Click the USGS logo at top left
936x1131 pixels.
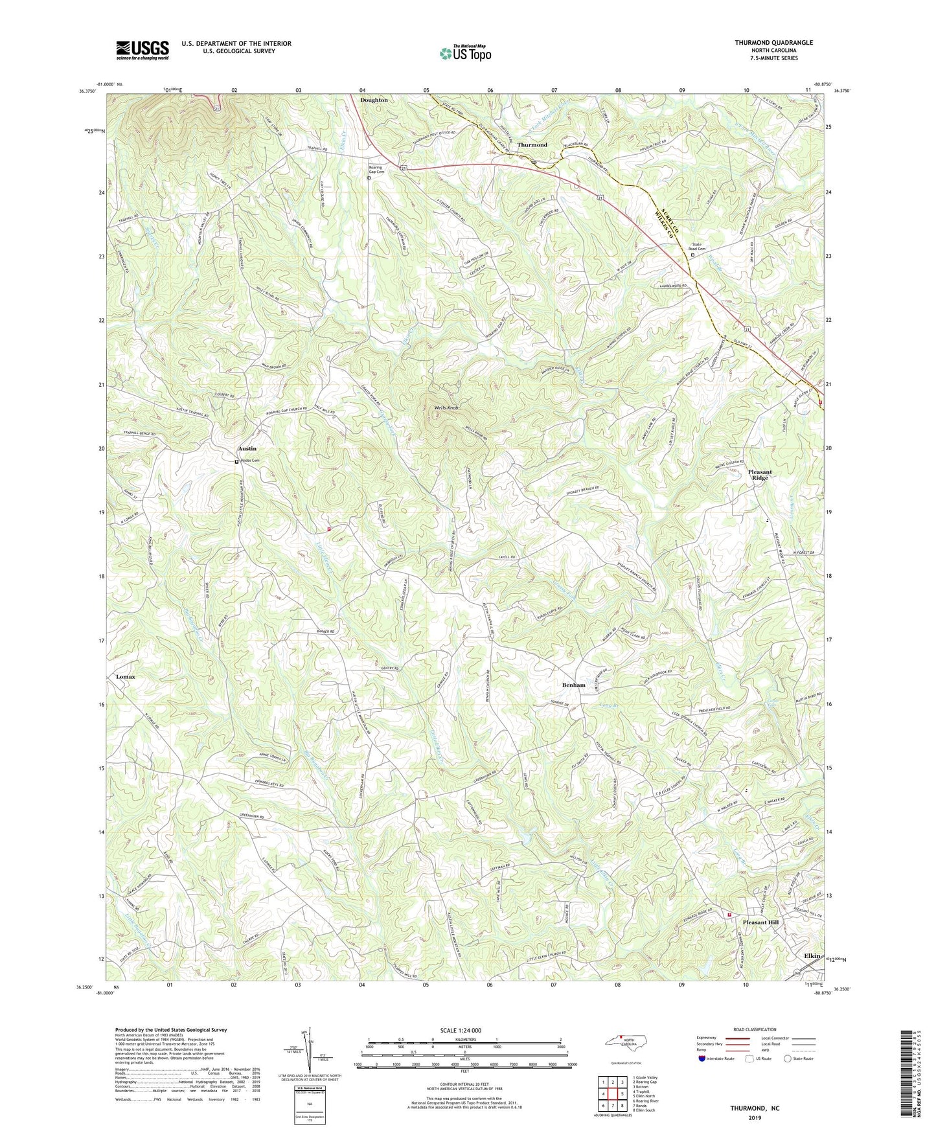(142, 50)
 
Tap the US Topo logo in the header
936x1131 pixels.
(464, 53)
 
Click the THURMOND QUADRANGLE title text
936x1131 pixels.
(773, 43)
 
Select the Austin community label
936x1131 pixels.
(247, 448)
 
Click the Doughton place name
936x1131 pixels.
(374, 100)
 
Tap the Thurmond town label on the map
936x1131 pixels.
(532, 144)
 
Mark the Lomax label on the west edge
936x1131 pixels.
(126, 676)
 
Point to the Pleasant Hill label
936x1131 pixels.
(760, 922)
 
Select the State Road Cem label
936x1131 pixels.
(700, 247)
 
